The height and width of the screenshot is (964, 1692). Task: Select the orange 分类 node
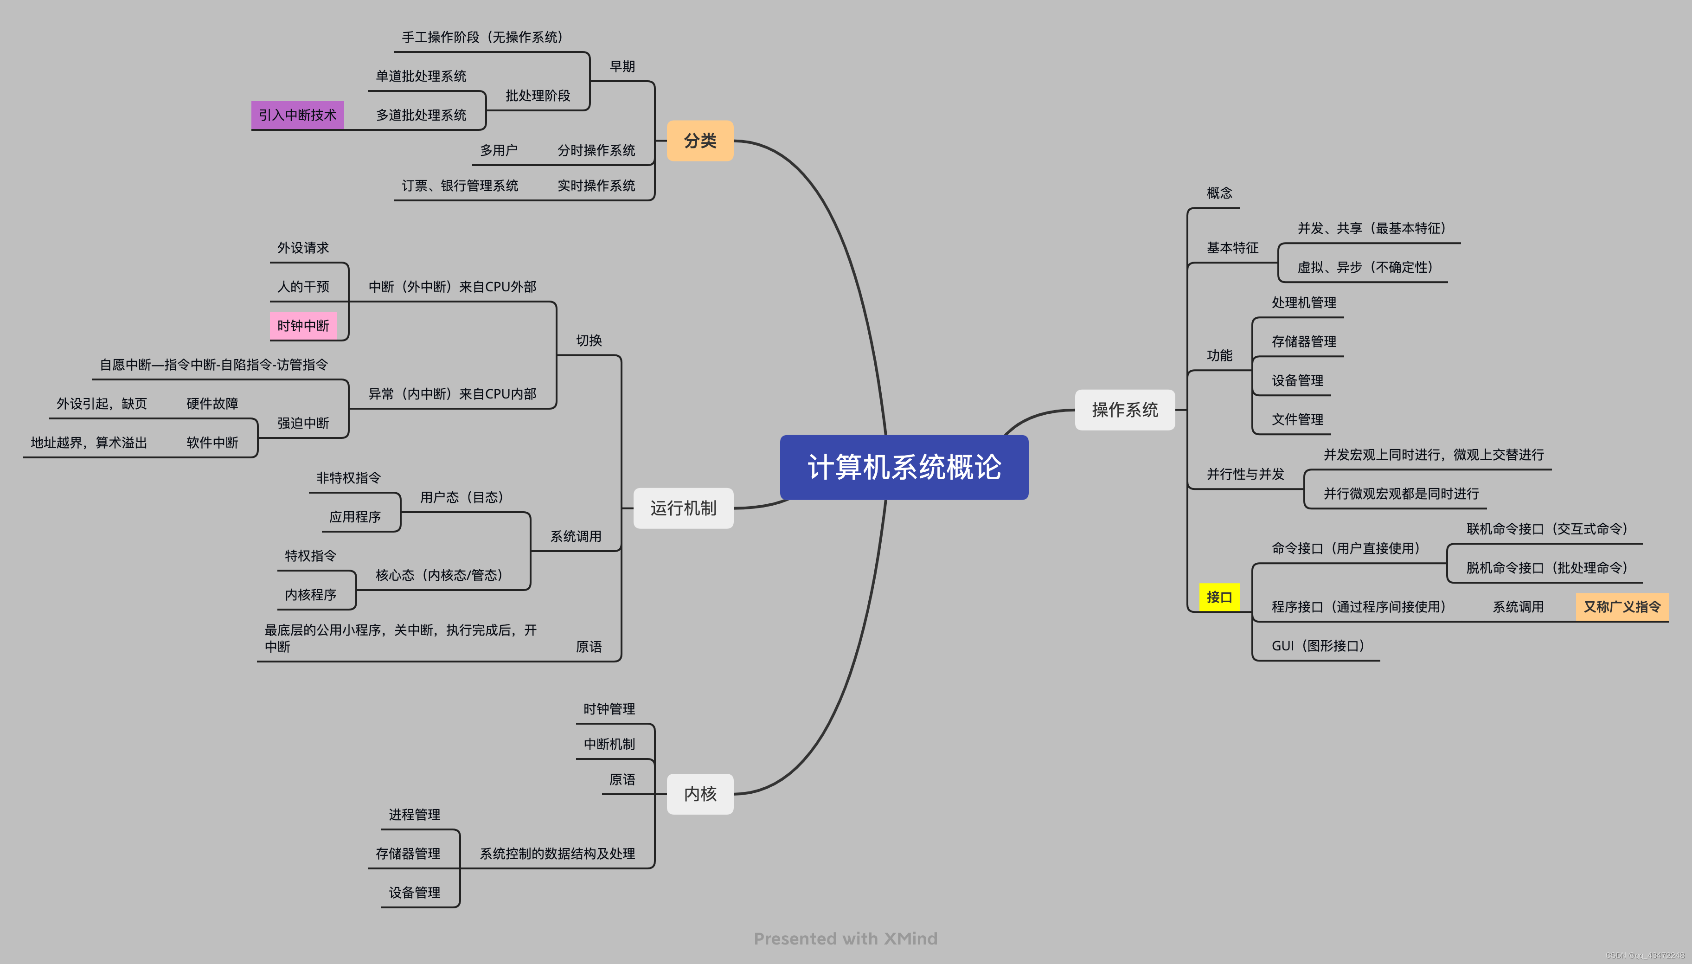[700, 141]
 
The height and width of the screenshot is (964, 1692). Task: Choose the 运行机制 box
[683, 508]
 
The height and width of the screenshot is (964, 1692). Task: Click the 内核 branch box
[700, 793]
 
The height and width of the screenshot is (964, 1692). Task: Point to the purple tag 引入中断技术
[297, 115]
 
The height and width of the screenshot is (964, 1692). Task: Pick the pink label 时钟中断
[303, 326]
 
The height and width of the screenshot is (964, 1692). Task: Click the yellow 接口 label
[1219, 597]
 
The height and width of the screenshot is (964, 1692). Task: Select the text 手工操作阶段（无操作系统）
[482, 37]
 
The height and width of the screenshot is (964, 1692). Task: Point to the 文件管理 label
[1297, 419]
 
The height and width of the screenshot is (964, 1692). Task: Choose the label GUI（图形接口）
[1317, 646]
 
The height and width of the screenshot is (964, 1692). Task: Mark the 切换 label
[589, 341]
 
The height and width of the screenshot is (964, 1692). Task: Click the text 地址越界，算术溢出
[89, 442]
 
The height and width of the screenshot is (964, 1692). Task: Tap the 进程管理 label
[414, 814]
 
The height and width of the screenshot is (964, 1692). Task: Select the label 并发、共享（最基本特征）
[1371, 228]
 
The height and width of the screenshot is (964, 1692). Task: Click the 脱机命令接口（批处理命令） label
[1546, 567]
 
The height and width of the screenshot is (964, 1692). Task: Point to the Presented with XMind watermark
[846, 938]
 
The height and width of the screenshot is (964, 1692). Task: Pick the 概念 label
[1219, 193]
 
